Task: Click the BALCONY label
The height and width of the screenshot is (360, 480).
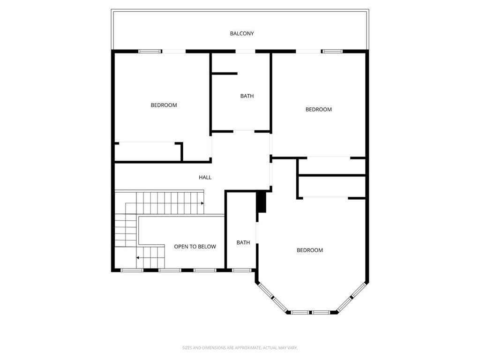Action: click(242, 34)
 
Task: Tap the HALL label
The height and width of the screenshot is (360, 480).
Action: click(205, 178)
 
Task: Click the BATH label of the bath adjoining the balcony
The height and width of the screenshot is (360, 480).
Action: click(247, 96)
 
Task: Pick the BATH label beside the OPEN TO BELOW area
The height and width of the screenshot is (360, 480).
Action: click(243, 243)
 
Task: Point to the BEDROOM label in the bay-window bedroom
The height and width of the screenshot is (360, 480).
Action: click(310, 250)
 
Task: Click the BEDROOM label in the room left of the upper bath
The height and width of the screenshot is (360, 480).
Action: click(164, 105)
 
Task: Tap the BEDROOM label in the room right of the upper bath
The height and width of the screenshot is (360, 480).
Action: click(318, 110)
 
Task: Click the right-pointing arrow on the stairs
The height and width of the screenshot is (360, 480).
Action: click(202, 203)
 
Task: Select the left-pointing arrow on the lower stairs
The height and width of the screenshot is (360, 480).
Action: click(138, 257)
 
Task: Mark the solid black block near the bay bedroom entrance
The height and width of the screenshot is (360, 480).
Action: click(261, 202)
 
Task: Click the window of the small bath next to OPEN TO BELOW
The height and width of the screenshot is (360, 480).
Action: click(240, 270)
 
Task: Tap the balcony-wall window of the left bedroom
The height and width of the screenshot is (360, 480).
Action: click(150, 51)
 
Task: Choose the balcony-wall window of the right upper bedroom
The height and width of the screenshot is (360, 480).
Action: click(332, 51)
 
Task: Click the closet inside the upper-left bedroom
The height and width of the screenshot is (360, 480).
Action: click(147, 152)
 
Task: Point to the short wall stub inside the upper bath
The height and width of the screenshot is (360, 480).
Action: click(225, 74)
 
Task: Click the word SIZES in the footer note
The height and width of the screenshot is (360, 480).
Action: click(187, 348)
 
